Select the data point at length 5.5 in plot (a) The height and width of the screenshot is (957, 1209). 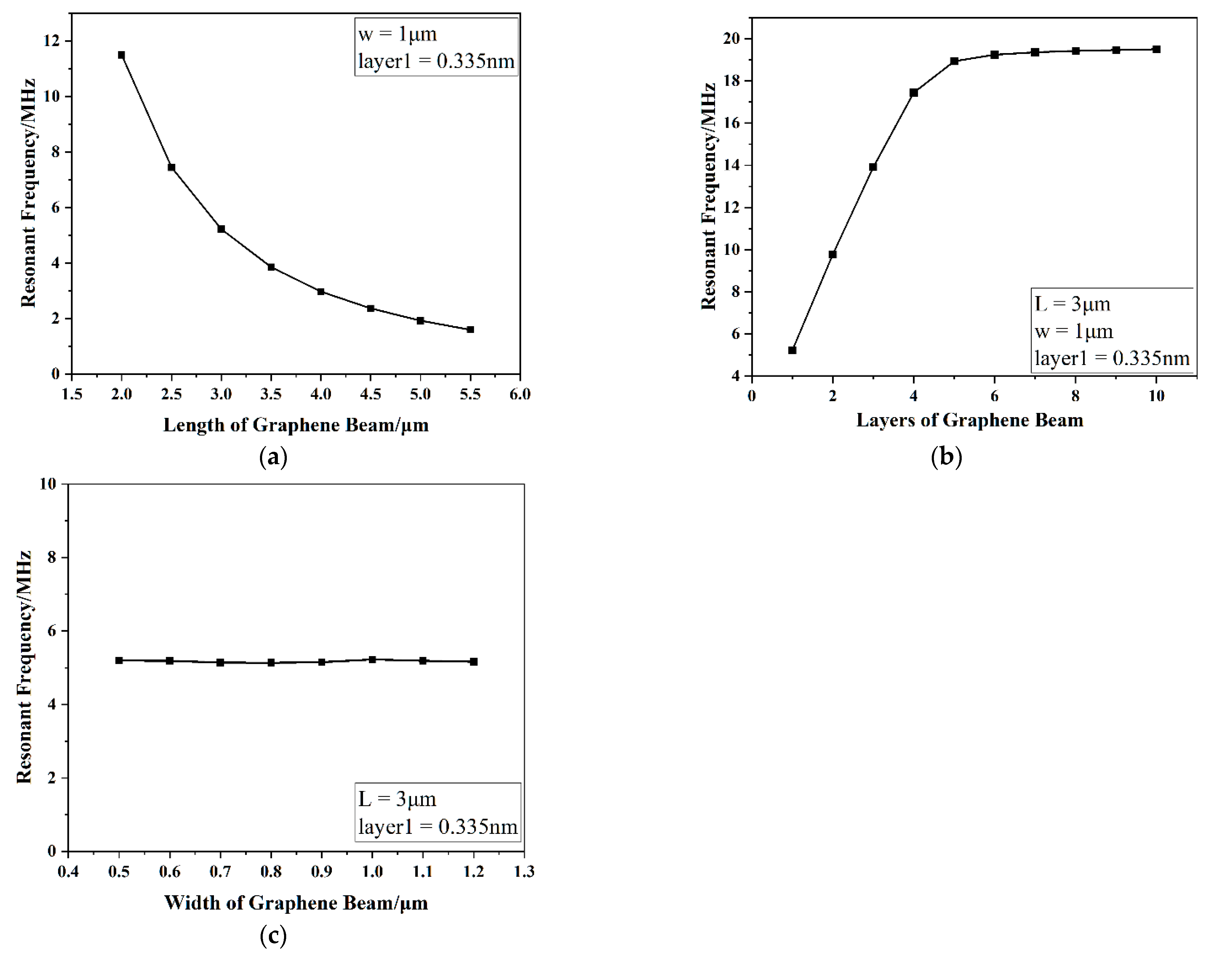470,330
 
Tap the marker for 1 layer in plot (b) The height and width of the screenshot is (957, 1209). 792,350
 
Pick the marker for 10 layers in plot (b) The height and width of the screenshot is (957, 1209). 1156,49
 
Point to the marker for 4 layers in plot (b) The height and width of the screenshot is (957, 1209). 914,93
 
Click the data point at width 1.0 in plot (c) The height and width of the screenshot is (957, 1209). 372,659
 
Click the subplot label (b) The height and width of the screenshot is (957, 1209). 946,457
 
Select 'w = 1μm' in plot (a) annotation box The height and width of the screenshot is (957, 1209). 397,34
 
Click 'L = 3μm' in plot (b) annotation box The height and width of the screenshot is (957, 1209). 1072,304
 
